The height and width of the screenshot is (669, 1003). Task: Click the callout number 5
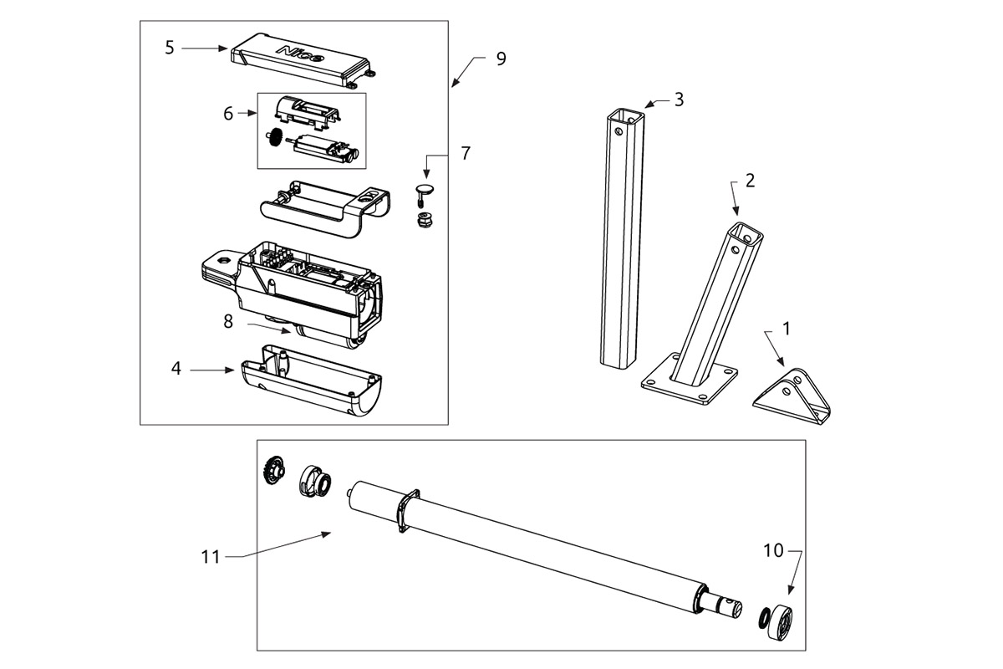pos(170,48)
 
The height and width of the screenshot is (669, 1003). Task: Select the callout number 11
pos(210,556)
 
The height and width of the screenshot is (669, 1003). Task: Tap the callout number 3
pos(679,100)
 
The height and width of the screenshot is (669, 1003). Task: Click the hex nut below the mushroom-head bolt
pos(423,220)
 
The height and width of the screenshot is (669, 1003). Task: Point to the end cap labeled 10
pos(781,621)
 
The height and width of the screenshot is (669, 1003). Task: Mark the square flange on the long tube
pos(405,512)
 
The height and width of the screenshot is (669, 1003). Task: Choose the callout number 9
pos(501,59)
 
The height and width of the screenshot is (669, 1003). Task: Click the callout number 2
pos(750,181)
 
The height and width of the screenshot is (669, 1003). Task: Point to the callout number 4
pos(176,369)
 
